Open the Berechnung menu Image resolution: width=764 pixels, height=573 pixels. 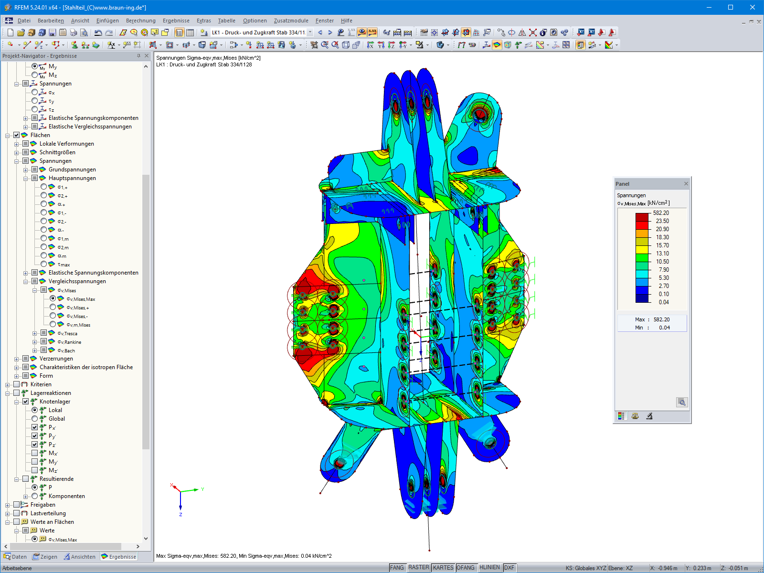click(140, 21)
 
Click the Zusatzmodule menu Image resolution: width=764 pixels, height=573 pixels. click(291, 21)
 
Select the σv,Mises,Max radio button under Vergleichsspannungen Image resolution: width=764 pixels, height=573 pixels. click(53, 298)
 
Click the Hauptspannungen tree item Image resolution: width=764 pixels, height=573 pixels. click(72, 178)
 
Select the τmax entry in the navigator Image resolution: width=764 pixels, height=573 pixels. click(64, 265)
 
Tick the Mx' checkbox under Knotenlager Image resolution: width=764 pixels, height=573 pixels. click(35, 453)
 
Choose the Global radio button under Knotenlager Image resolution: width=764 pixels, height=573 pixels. click(35, 419)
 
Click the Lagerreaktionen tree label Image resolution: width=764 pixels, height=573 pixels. click(51, 393)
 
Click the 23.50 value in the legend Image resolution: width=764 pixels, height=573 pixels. click(662, 221)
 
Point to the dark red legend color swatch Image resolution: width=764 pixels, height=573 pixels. click(642, 217)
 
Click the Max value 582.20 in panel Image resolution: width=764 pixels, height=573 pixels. click(661, 319)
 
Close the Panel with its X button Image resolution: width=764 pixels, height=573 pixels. click(686, 184)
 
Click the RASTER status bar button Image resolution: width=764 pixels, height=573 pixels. click(418, 568)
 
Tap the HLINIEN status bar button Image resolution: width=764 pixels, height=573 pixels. click(489, 568)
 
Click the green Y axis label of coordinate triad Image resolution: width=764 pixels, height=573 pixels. click(203, 489)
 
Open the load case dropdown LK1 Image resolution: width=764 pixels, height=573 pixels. click(310, 32)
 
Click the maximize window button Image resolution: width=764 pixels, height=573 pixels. click(731, 7)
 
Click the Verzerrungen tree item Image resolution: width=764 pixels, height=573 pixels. click(56, 359)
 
